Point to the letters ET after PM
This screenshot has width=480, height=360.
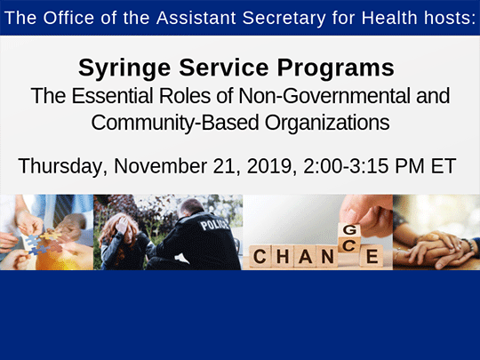(x=442, y=166)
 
